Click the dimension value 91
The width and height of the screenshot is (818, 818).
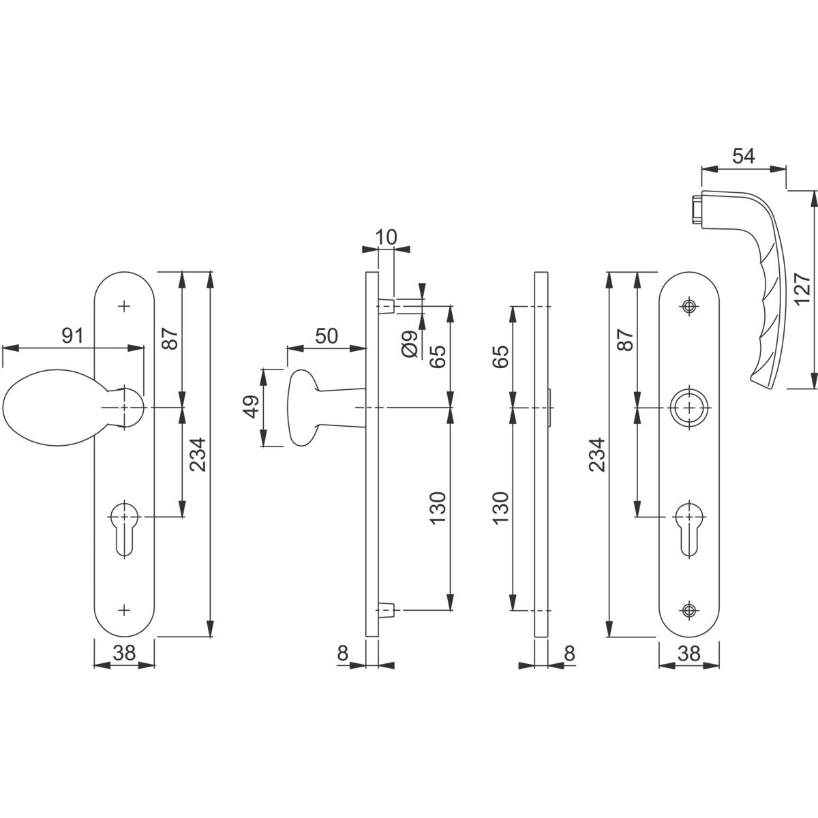click(72, 336)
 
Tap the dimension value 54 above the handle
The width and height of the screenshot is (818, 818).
click(744, 156)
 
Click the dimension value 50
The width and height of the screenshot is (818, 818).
click(327, 336)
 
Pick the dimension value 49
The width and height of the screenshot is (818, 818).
click(252, 406)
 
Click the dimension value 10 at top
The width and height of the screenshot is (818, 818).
click(385, 237)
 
